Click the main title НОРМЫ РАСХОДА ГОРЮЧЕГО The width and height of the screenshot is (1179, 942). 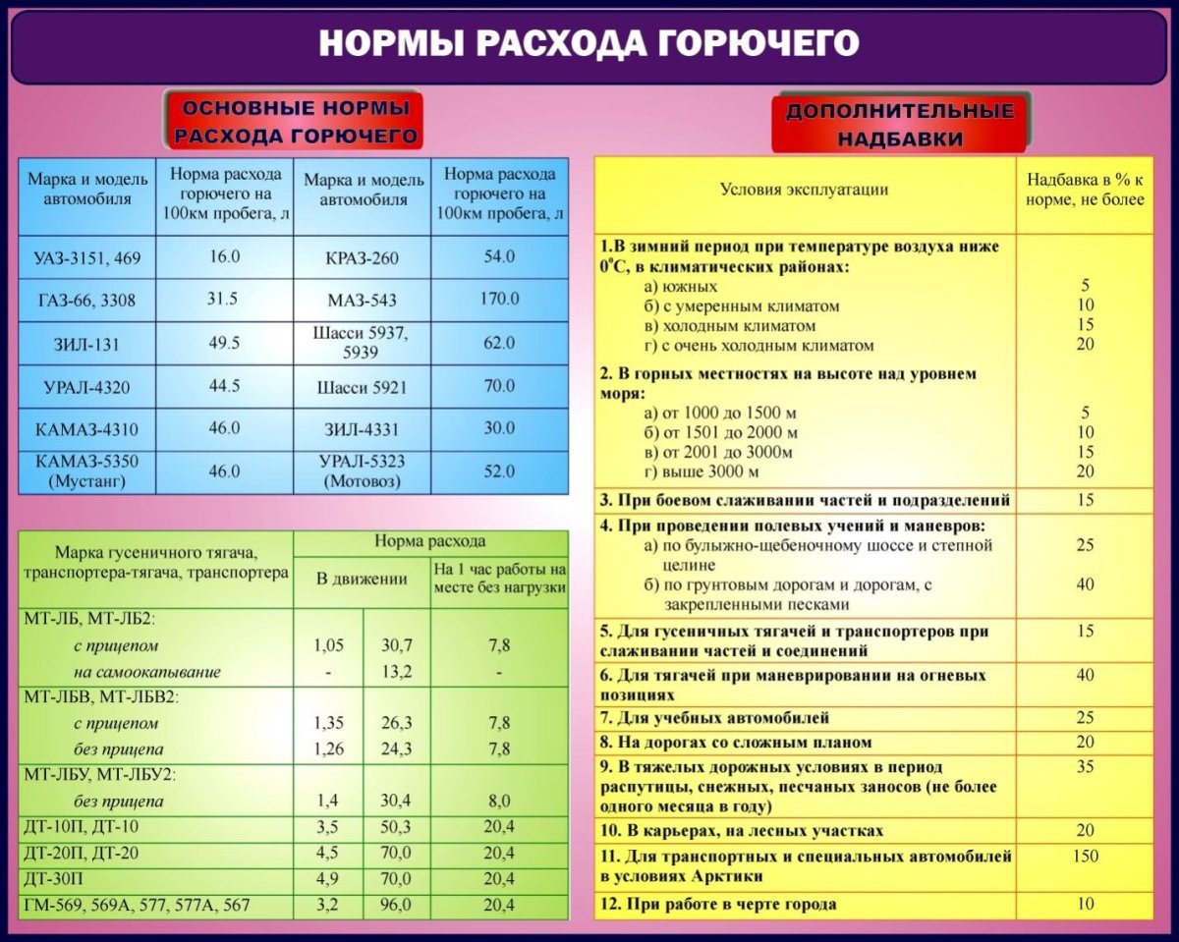click(589, 44)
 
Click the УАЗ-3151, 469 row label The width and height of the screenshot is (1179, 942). click(87, 258)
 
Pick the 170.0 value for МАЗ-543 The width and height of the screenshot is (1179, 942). click(499, 299)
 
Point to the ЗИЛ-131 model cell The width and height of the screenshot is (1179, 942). click(87, 343)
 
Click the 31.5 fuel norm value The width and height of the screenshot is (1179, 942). click(222, 299)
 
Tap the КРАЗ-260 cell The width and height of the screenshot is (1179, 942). click(363, 257)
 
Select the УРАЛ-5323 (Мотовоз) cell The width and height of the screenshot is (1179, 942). click(363, 471)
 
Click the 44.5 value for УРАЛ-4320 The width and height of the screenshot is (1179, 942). click(224, 385)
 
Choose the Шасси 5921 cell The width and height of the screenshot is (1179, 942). click(363, 386)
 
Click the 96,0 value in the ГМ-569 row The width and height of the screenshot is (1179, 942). click(397, 905)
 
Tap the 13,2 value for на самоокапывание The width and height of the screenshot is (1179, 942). click(397, 672)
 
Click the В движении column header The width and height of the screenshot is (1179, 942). click(362, 579)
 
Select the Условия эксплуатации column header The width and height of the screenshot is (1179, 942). click(804, 190)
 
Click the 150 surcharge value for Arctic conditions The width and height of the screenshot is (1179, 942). click(1085, 857)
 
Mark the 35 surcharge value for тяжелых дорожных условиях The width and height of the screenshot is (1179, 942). click(1085, 767)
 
